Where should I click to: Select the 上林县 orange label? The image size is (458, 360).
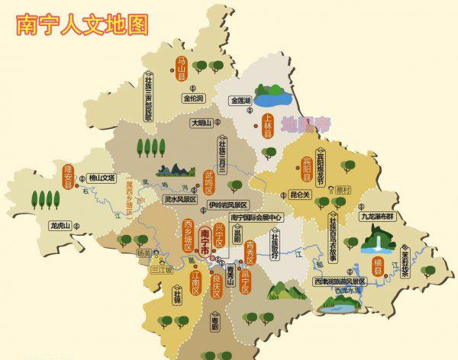tap(268, 126)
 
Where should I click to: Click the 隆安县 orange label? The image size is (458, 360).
tap(68, 175)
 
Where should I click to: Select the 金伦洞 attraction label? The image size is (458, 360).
tap(193, 98)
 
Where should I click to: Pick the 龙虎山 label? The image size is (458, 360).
tap(60, 226)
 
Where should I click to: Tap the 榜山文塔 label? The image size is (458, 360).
tap(101, 178)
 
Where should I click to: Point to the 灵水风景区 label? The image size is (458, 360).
tap(181, 199)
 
